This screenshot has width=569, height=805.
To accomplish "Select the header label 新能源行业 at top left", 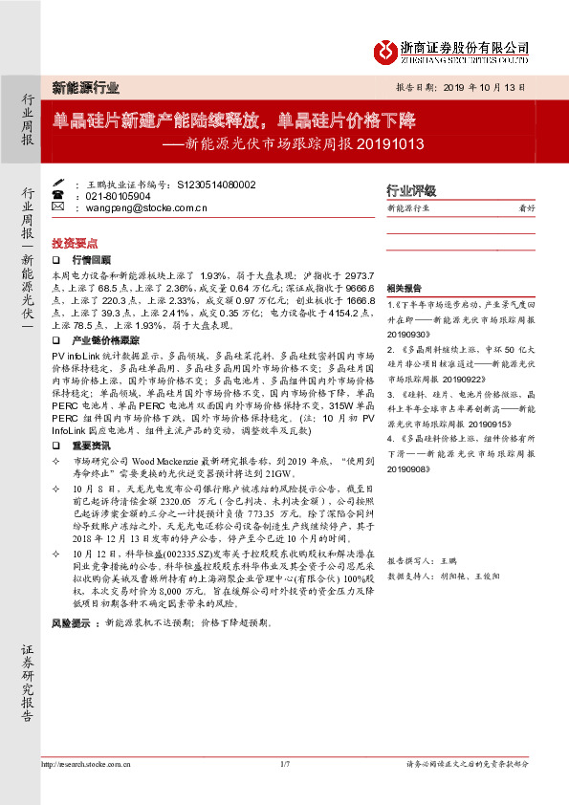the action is [85, 87].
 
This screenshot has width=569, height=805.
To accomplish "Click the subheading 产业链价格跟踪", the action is [105, 339].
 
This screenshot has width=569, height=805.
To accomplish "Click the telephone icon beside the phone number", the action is [56, 195].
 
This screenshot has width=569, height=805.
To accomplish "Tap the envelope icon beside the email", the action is [56, 207].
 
